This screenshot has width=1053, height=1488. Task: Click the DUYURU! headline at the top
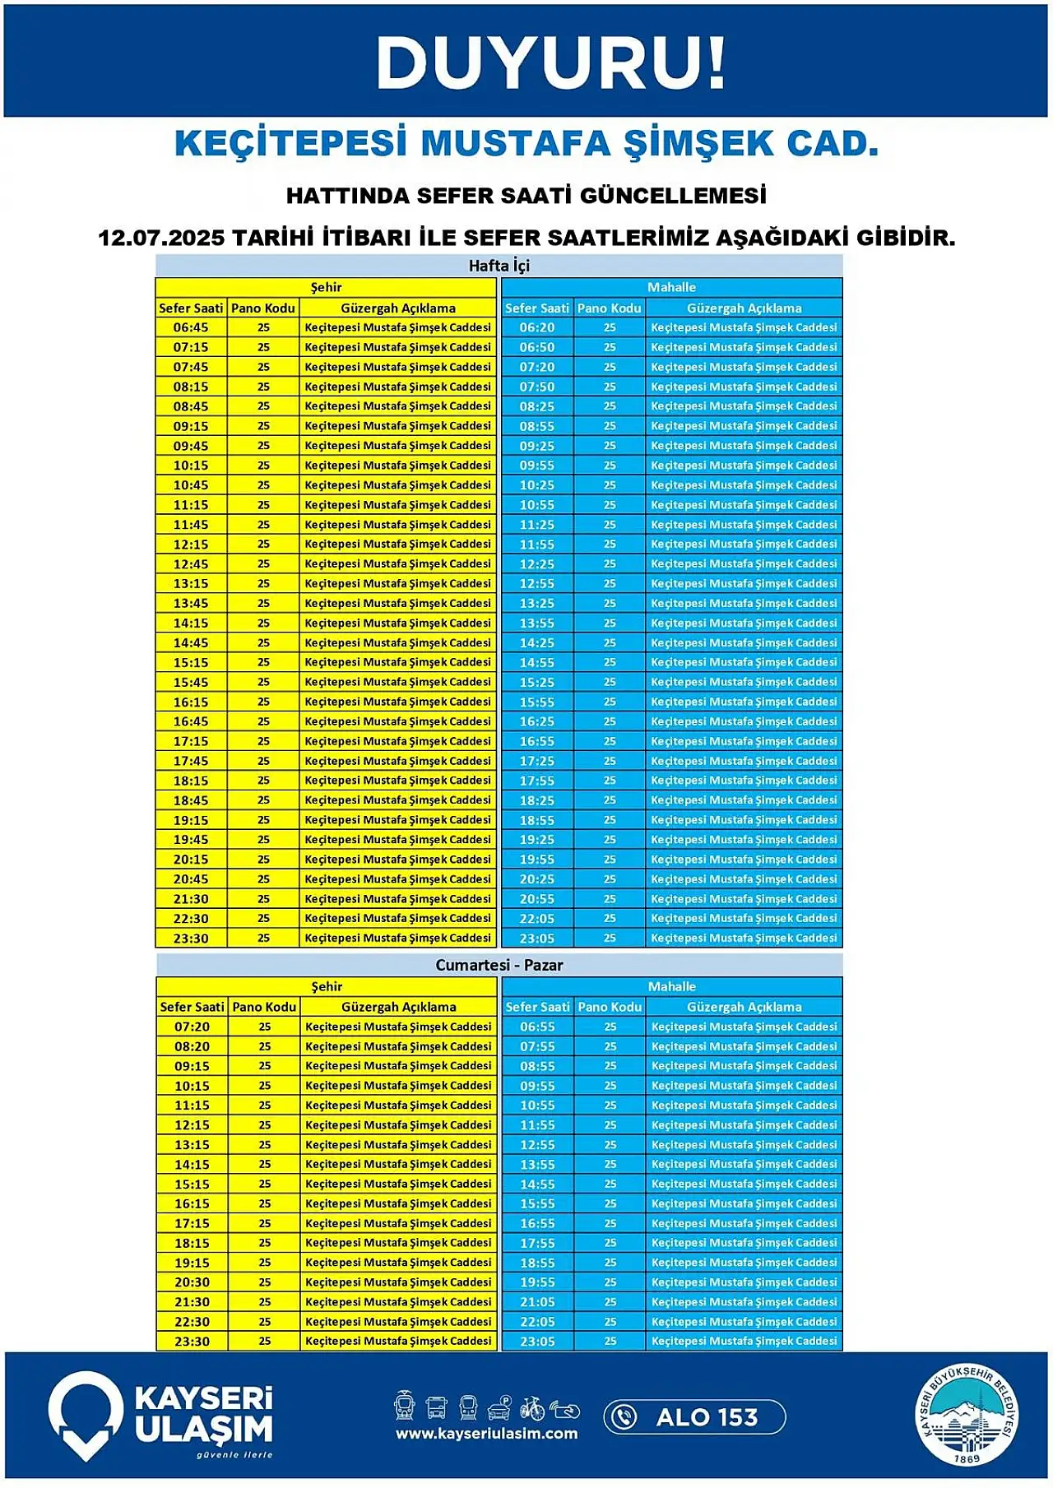coord(550,63)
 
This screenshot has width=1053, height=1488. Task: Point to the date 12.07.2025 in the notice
coord(161,239)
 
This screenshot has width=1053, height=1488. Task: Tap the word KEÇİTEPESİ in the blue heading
coord(291,143)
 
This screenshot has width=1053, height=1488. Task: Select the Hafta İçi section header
coord(499,266)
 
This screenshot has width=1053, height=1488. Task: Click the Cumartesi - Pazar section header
coord(499,965)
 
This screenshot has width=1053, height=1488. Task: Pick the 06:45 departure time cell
coord(191,327)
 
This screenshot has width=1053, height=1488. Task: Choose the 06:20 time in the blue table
coord(536,327)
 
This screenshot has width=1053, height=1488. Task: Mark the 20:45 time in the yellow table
coord(191,879)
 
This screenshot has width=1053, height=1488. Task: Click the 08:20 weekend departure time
coord(192,1046)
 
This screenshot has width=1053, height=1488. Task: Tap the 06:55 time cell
coord(537,1027)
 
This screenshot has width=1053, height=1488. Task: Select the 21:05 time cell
coord(537,1302)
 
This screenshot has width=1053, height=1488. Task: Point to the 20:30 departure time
coord(192,1282)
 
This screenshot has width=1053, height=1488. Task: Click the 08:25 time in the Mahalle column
coord(536,406)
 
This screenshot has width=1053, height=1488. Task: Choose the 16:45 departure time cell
coord(191,721)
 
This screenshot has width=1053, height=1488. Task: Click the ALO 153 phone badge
coord(694,1417)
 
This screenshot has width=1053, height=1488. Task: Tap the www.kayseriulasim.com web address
coord(486,1434)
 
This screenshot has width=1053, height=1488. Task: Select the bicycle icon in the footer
coord(532,1407)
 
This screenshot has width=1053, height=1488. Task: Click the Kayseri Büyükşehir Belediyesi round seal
coord(967,1415)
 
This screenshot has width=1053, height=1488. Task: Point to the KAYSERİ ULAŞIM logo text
coord(203,1415)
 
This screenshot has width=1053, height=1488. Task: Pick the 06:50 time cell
coord(536,347)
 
